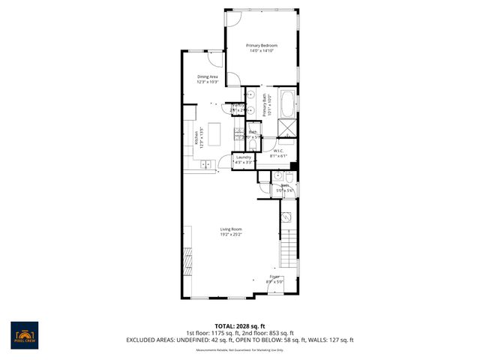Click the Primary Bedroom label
[262, 46]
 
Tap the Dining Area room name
[208, 76]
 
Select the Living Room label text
[231, 229]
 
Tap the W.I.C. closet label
[278, 151]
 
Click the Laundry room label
[243, 157]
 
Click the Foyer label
[276, 277]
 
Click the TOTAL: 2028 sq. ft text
[240, 326]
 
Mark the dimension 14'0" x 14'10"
[262, 51]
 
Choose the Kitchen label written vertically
[196, 138]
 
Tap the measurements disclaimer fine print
[240, 349]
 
